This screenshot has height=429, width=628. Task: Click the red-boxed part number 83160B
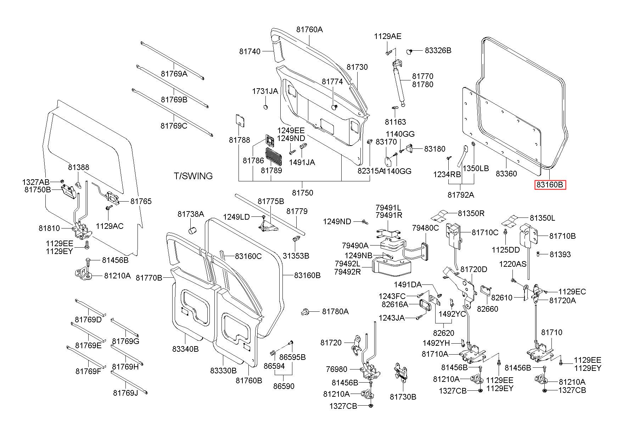pos(550,185)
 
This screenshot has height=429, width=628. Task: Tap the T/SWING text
pos(193,176)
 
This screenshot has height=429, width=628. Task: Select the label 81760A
pos(309,30)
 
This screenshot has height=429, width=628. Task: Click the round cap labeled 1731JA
pos(266,107)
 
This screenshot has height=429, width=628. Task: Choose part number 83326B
pos(438,51)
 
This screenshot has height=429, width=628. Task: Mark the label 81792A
pos(461,195)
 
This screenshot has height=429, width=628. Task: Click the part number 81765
pos(141,201)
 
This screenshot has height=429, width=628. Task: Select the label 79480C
pos(425,228)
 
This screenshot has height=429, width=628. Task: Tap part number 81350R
pos(471,213)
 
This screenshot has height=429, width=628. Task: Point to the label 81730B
pos(403,397)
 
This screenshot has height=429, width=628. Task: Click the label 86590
pos(284,386)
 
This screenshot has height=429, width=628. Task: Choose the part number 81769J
pos(125,393)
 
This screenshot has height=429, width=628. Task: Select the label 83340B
pos(185,349)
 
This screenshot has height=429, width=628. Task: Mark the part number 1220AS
pos(513,264)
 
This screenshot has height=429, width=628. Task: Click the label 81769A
pos(174,74)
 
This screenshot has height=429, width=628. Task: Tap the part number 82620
pos(443,333)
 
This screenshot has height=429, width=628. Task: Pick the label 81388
pos(79,167)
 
